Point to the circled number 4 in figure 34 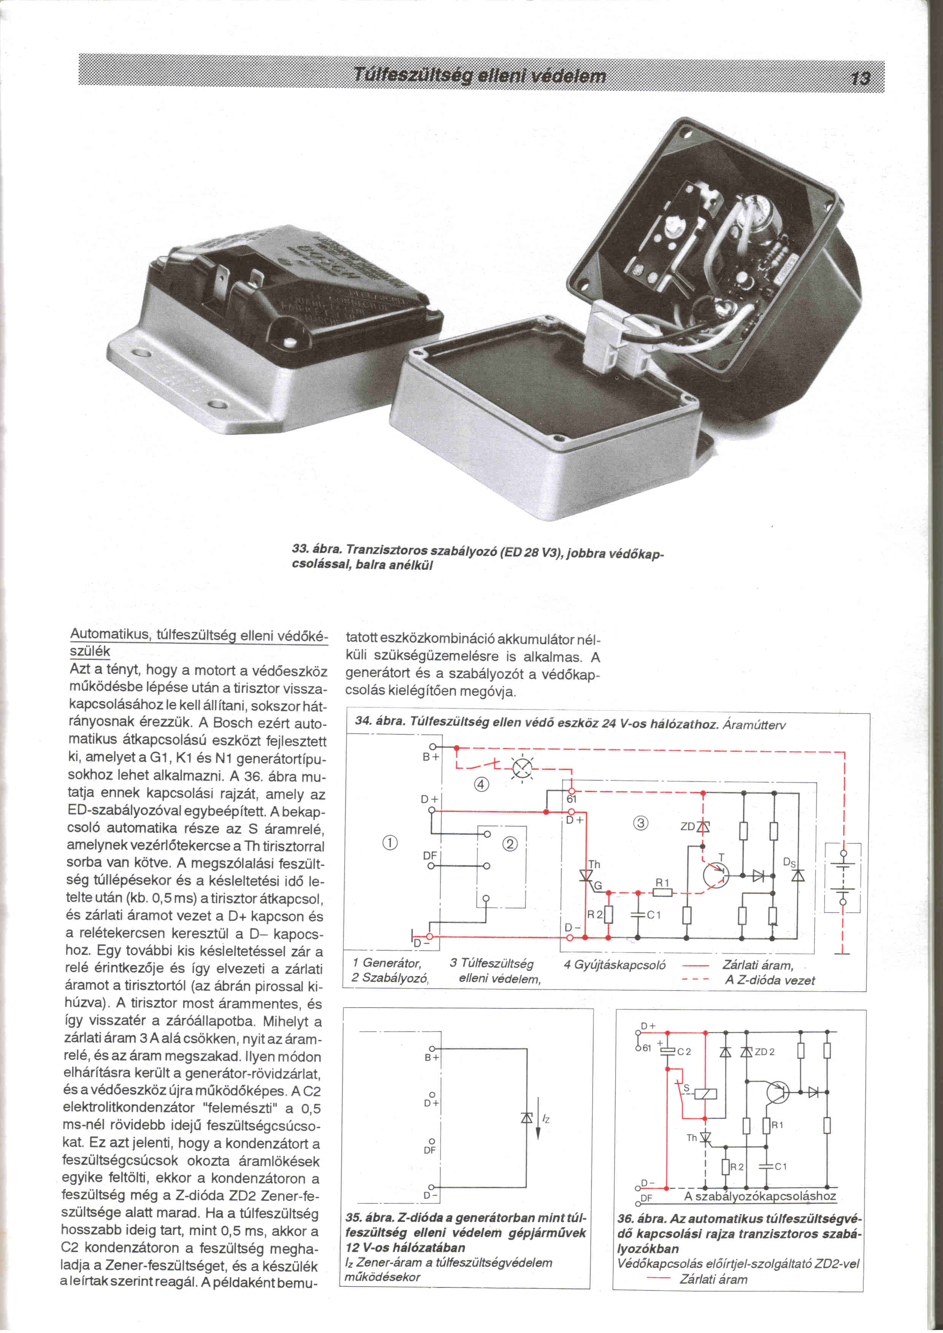[x=481, y=785]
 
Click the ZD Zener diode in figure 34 [x=704, y=826]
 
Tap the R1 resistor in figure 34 [x=662, y=893]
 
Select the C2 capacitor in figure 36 [x=668, y=1051]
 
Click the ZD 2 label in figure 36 [x=764, y=1052]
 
